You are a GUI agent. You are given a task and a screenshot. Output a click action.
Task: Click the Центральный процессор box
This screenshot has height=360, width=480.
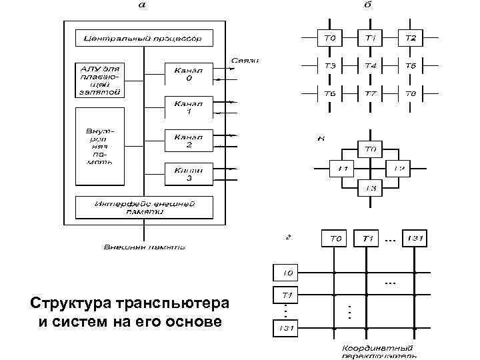[x=143, y=38]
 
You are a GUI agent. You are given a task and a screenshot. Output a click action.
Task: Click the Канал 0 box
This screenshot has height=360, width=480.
[x=189, y=74]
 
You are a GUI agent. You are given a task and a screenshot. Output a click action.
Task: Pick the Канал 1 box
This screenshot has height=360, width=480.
[x=189, y=107]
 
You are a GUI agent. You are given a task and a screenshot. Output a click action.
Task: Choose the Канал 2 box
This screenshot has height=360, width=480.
[x=189, y=140]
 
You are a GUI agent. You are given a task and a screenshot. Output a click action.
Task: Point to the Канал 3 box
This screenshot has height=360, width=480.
[x=189, y=173]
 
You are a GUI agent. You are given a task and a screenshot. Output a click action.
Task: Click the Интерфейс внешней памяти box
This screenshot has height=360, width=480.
[x=143, y=207]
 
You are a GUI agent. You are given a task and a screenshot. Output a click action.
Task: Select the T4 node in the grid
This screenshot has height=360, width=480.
[x=371, y=65]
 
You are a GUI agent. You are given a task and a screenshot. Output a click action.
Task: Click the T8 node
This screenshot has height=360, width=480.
[x=411, y=94]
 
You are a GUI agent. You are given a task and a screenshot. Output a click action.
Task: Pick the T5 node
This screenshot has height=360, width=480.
[x=411, y=65]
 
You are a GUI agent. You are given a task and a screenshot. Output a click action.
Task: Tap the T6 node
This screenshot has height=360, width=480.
[x=330, y=94]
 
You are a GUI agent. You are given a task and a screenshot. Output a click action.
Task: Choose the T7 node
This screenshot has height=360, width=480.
[x=371, y=94]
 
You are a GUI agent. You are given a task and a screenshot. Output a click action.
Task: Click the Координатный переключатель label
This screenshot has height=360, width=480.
[x=377, y=351]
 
